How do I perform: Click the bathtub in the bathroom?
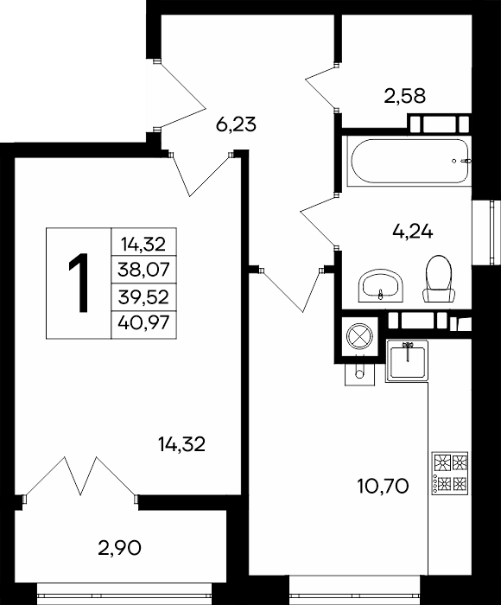[x=409, y=161]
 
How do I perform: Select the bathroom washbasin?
[x=381, y=285]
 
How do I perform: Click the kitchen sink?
[x=408, y=361]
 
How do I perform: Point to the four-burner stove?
[x=450, y=474]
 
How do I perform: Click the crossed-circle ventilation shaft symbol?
[x=359, y=336]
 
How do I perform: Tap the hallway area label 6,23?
[x=236, y=124]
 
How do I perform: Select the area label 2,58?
[x=405, y=96]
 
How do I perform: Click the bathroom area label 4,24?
[x=412, y=232]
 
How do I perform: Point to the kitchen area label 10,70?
[x=383, y=486]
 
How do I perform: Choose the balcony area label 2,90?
[x=119, y=548]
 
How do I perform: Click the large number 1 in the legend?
[x=79, y=283]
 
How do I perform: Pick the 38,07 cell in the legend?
[x=144, y=270]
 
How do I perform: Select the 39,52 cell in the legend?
[x=144, y=297]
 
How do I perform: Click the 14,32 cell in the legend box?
[x=144, y=242]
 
